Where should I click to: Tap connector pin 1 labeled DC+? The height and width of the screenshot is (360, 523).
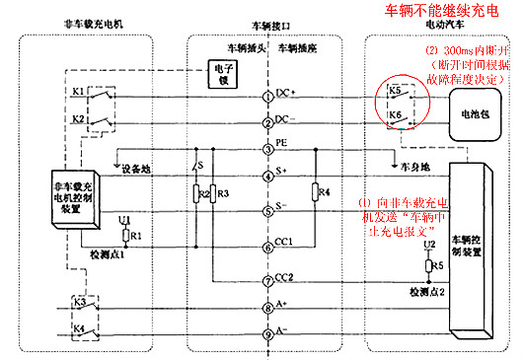[x=267, y=97]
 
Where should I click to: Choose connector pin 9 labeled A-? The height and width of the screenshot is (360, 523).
[x=267, y=332]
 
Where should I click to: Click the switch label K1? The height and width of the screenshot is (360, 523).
[x=79, y=92]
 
